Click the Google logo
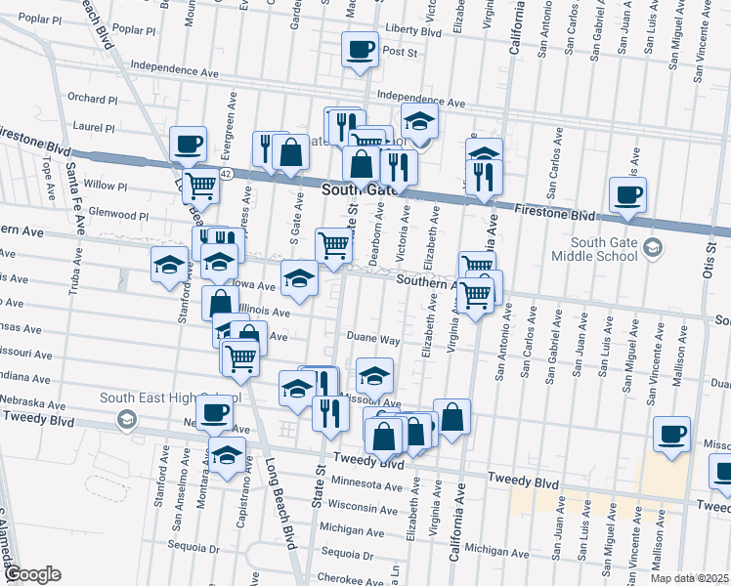coord(31,574)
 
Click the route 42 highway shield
coord(226,173)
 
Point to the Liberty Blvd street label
coord(413,32)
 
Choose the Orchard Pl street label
coord(93,99)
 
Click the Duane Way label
coord(374,340)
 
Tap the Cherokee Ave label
coord(347,579)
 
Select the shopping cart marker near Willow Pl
coord(200,183)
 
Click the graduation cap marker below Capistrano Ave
coord(228,456)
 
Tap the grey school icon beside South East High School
coord(126,420)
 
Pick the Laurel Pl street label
coord(95,127)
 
